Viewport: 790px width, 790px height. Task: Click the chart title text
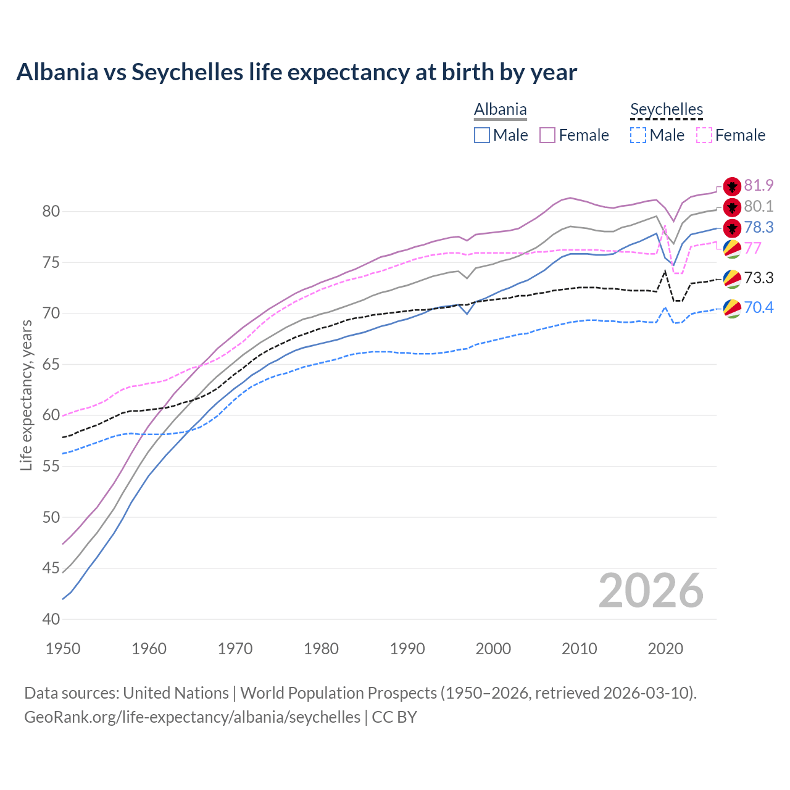pos(296,72)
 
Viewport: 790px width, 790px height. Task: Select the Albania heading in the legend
pos(500,109)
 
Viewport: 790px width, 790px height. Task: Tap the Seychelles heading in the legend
pos(667,109)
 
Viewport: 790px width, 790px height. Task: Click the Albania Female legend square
pos(547,135)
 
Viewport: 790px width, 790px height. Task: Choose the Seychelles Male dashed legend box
pos(638,135)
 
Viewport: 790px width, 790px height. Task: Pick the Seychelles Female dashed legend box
pos(704,135)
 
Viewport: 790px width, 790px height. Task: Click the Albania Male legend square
pos(482,135)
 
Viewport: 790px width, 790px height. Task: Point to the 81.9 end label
pos(759,185)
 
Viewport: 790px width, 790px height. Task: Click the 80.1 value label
pos(759,206)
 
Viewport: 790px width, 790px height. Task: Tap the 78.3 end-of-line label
pos(759,227)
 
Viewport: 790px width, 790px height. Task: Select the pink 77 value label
pos(753,248)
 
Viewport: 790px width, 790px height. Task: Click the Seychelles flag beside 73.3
pos(732,278)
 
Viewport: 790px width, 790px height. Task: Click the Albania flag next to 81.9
pos(732,186)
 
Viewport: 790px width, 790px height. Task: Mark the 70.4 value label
pos(759,307)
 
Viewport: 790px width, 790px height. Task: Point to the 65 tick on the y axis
pos(51,364)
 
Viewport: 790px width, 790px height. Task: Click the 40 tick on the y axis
pos(51,619)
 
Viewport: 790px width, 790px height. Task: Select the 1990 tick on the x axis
pos(407,649)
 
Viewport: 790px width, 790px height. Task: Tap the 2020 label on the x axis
pos(665,649)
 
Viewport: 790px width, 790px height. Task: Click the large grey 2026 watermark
pos(651,591)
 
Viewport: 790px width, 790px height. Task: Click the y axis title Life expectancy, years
pos(26,395)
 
